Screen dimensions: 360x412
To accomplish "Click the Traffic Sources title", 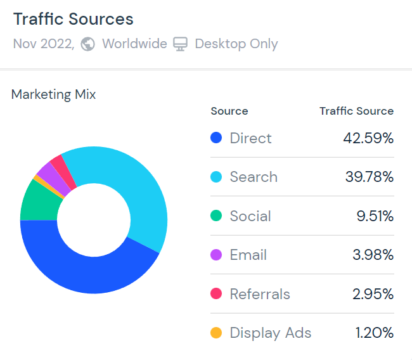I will (73, 19).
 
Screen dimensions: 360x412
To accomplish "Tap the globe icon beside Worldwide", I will (88, 44).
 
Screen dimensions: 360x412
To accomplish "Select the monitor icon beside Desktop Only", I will (181, 44).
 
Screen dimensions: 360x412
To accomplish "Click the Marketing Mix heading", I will (54, 94).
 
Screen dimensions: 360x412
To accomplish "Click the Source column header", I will (229, 111).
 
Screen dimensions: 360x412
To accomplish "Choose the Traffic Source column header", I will (356, 111).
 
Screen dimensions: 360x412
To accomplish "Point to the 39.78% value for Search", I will (369, 177).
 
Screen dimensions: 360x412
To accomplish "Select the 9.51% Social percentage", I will (375, 216).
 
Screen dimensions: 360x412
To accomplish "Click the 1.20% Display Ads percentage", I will (373, 333).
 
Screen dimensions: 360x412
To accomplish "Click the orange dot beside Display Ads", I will (216, 333).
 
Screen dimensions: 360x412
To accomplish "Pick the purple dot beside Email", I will (216, 255).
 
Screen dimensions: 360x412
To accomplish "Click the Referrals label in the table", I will (260, 294).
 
